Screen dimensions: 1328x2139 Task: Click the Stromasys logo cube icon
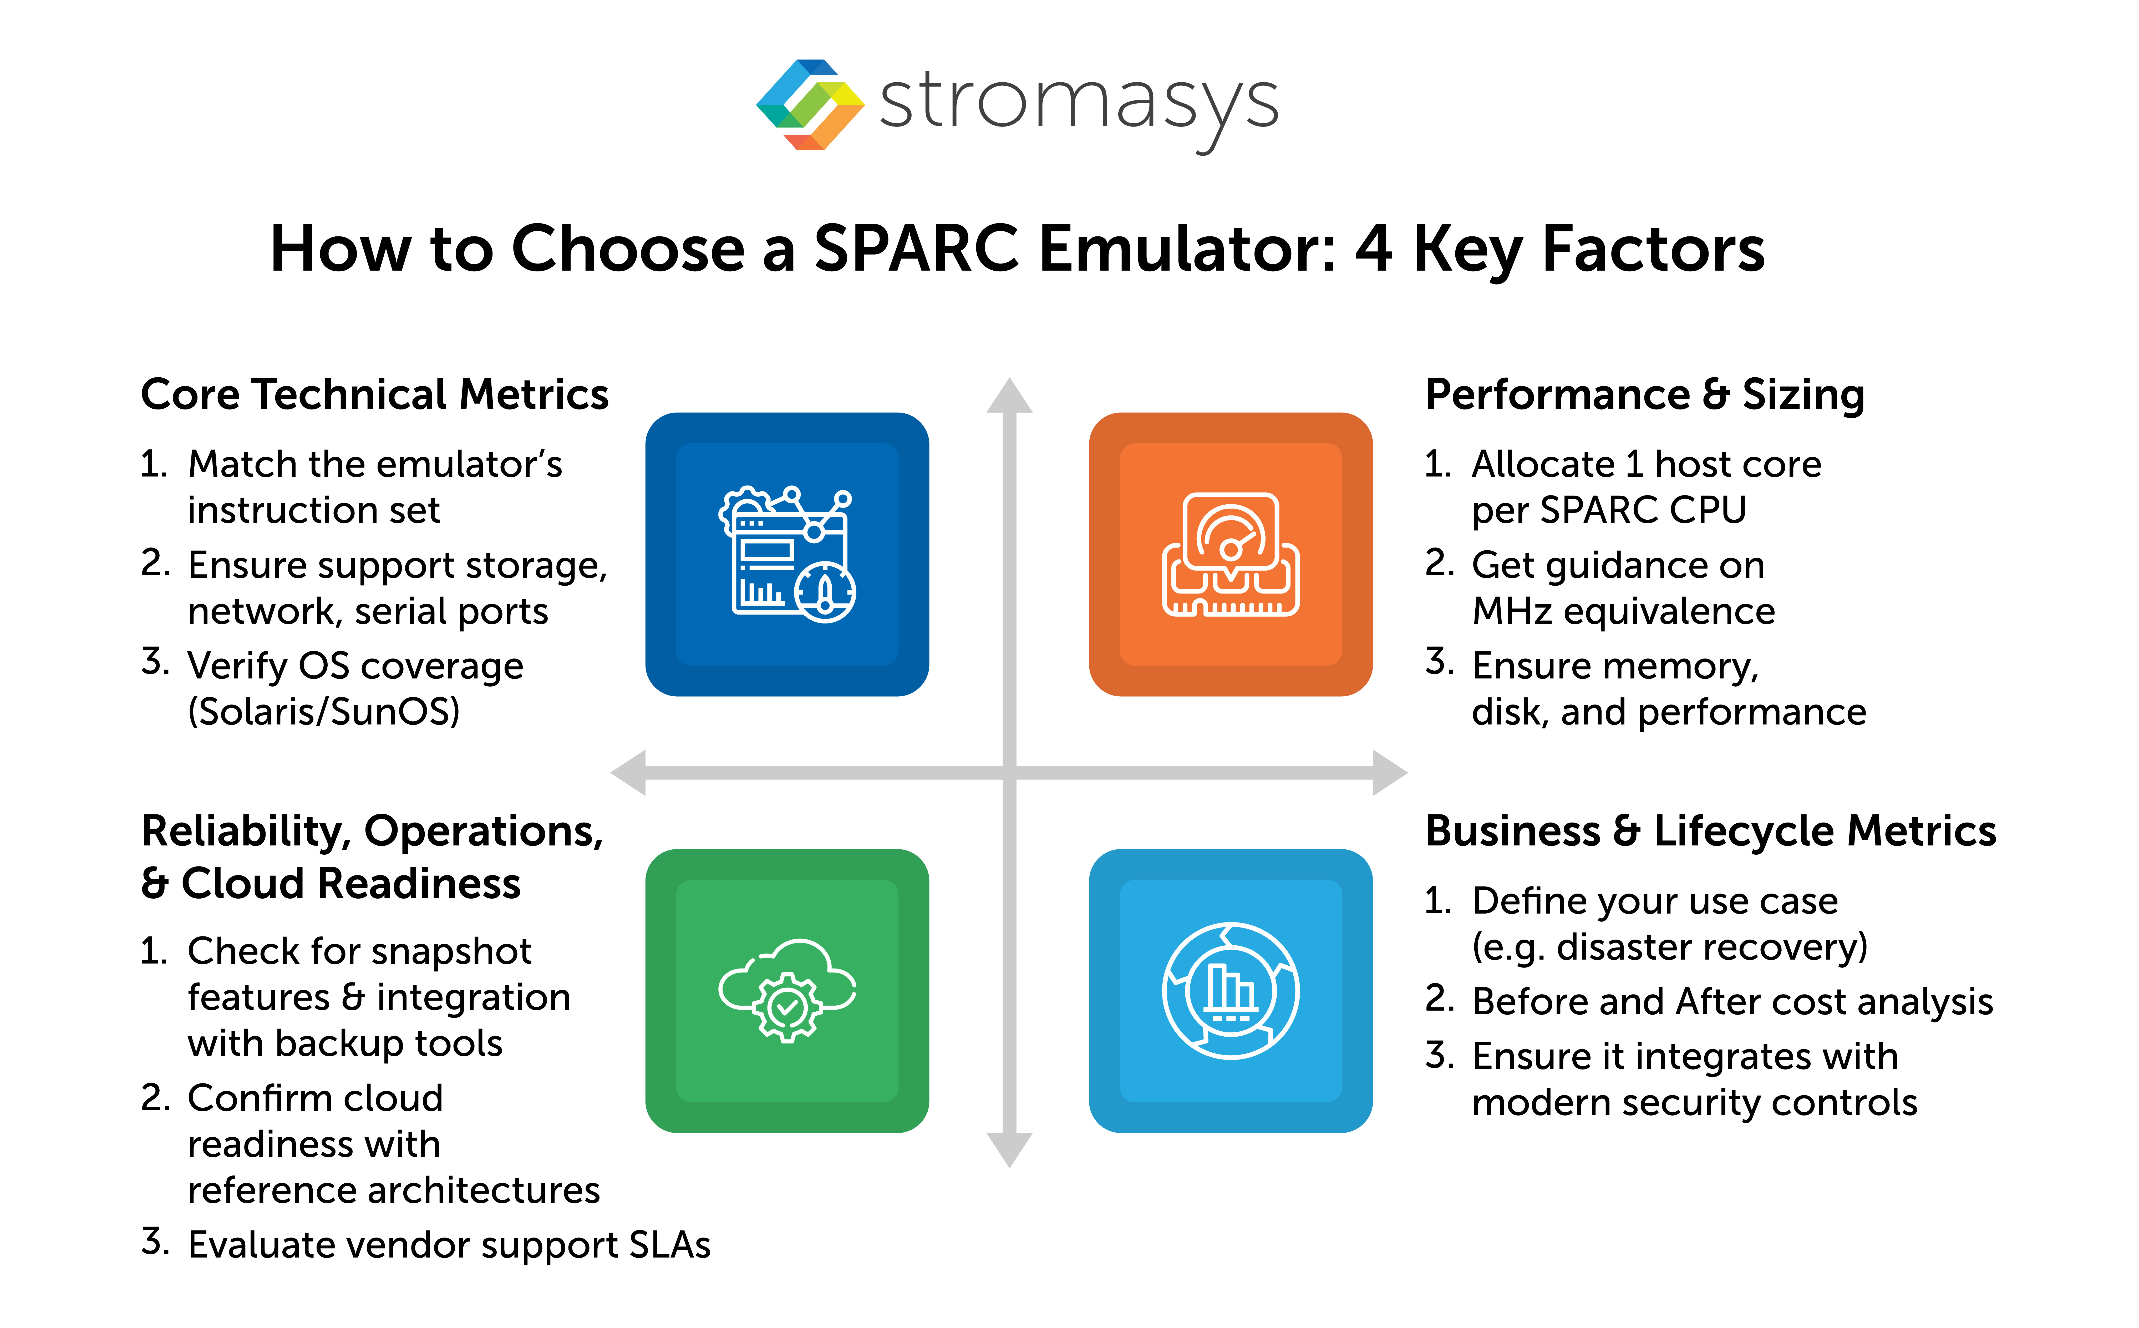click(810, 104)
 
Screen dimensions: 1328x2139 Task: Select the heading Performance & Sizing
click(1644, 394)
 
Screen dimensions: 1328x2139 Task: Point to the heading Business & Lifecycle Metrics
click(1710, 831)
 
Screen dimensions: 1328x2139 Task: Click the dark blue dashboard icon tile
click(787, 554)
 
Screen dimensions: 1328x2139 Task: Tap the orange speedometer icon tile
click(1230, 554)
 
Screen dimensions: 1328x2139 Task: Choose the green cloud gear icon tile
click(787, 991)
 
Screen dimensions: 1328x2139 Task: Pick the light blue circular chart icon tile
click(1230, 991)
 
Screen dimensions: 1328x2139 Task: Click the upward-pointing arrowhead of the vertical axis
click(1009, 397)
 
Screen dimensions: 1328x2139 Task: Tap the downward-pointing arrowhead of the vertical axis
click(1009, 1149)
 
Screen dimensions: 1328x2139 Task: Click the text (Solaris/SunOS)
click(323, 711)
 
